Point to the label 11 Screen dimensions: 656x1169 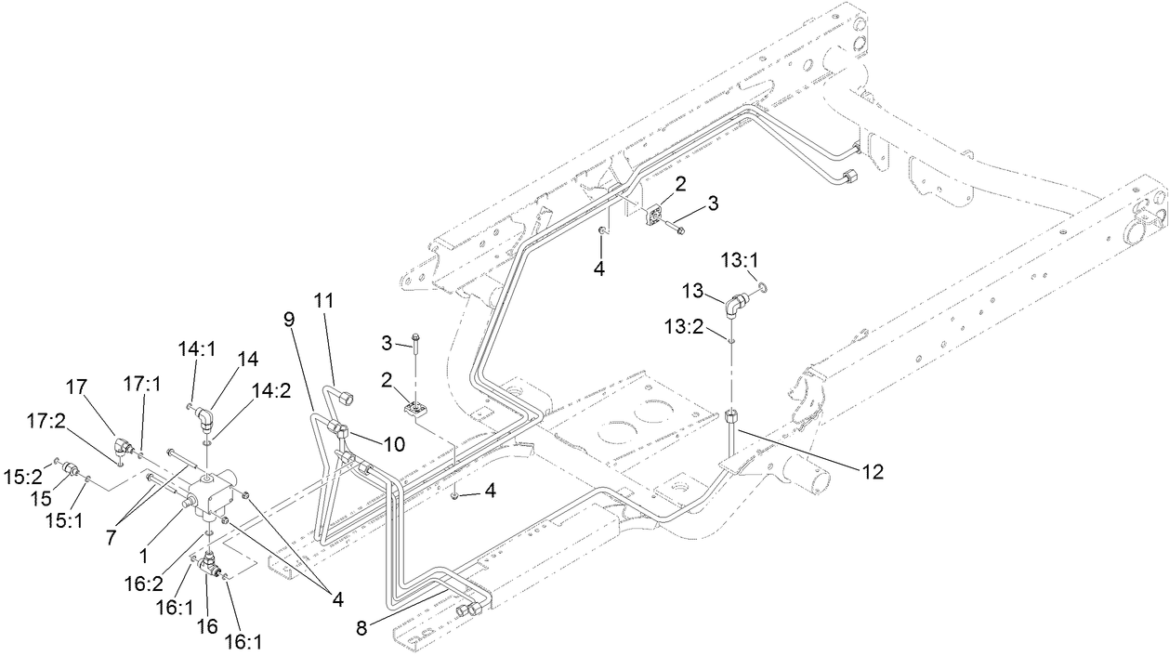[x=322, y=300]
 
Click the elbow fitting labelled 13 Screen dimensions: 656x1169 [x=735, y=304]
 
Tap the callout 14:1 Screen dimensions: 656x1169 [x=196, y=348]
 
